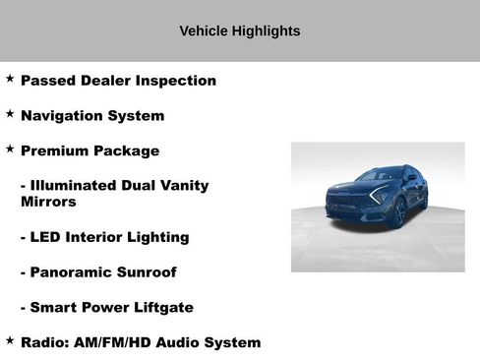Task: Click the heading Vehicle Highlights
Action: pyautogui.click(x=239, y=30)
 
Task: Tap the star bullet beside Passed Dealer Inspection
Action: pyautogui.click(x=10, y=78)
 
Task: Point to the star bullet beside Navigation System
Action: pyautogui.click(x=10, y=113)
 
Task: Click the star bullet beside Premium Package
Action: pyautogui.click(x=10, y=149)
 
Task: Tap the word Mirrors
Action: pyautogui.click(x=48, y=202)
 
